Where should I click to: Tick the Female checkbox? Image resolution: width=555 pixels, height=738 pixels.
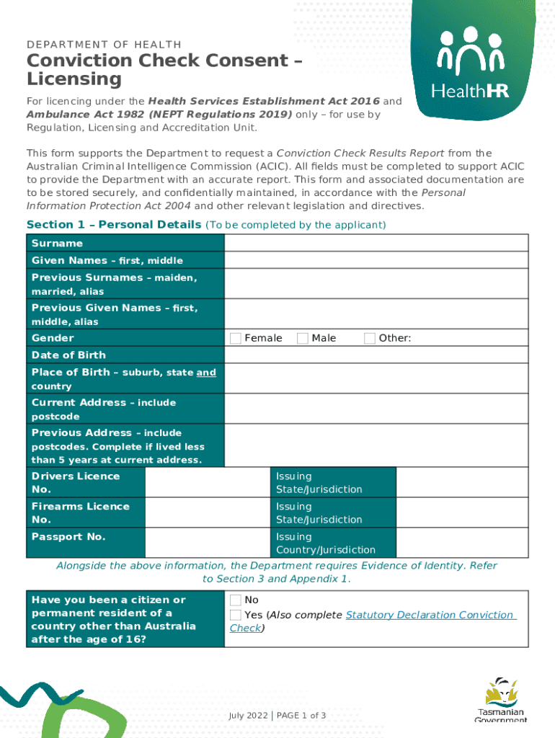pyautogui.click(x=236, y=338)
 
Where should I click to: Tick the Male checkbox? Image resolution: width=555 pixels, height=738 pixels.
pyautogui.click(x=303, y=338)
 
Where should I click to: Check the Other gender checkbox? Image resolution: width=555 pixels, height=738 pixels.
pyautogui.click(x=370, y=338)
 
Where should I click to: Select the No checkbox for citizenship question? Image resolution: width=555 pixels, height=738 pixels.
pyautogui.click(x=236, y=600)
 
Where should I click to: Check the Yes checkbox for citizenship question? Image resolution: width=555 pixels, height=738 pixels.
pyautogui.click(x=236, y=615)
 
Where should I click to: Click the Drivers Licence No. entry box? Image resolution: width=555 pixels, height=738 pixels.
pyautogui.click(x=208, y=483)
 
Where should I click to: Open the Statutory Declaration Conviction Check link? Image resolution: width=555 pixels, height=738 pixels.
pyautogui.click(x=430, y=615)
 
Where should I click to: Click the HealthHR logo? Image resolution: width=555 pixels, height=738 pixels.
pyautogui.click(x=471, y=63)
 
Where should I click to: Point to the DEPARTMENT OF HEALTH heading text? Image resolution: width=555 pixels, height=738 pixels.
pyautogui.click(x=104, y=45)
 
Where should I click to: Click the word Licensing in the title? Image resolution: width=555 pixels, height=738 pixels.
pyautogui.click(x=74, y=79)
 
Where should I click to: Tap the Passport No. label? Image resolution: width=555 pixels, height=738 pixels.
pyautogui.click(x=68, y=537)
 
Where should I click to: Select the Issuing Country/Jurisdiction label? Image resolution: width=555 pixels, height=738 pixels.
pyautogui.click(x=326, y=543)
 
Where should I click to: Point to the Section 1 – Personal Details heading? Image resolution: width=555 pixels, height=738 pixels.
pyautogui.click(x=114, y=225)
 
